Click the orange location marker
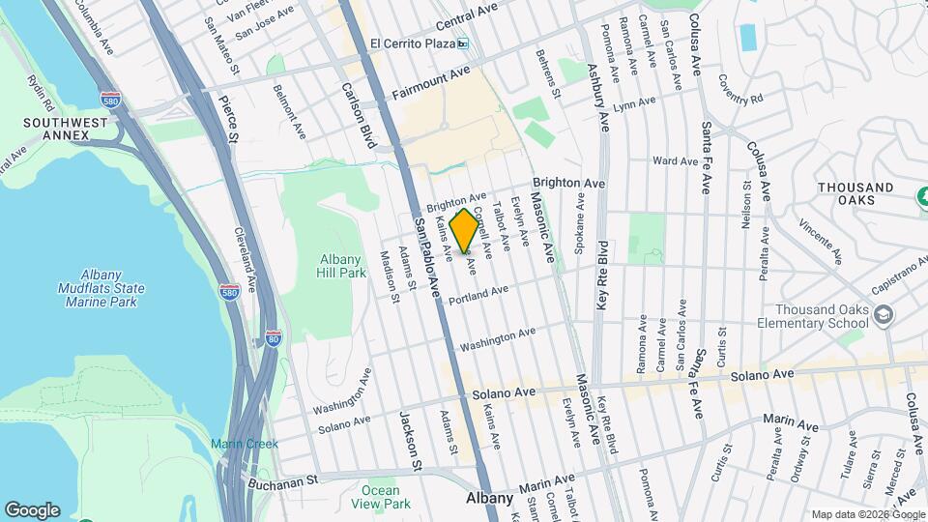click(x=464, y=230)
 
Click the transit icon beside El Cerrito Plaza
click(x=463, y=43)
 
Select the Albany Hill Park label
click(x=343, y=266)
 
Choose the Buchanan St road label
click(x=282, y=479)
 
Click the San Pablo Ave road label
click(x=428, y=256)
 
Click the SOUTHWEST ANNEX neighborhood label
click(x=57, y=129)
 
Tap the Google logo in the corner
click(x=32, y=509)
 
